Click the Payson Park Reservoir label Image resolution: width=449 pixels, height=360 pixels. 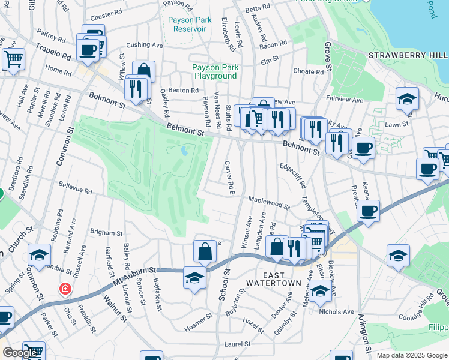point(190,24)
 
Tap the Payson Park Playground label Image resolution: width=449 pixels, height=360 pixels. point(214,72)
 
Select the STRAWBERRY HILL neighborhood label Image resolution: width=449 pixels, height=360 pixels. point(408,55)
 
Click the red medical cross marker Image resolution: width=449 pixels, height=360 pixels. point(65,290)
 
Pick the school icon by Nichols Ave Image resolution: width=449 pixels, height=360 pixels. point(320,290)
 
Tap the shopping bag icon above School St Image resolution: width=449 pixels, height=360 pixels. point(205,251)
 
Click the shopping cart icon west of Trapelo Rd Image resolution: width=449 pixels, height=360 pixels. point(13,58)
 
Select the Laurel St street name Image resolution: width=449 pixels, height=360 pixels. point(237,344)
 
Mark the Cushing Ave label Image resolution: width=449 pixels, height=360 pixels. point(144,44)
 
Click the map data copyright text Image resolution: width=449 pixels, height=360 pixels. point(411,355)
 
